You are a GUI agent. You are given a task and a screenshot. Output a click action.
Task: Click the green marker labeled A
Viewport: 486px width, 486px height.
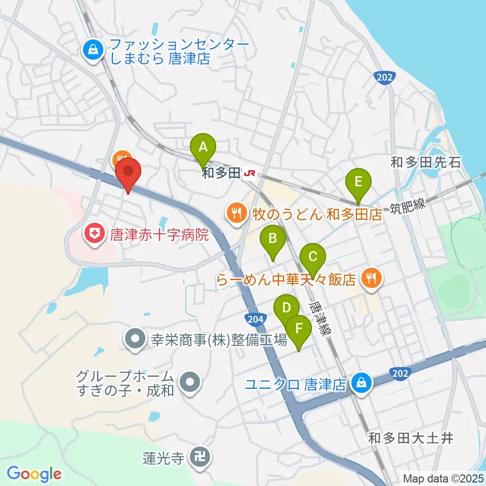tap(203, 148)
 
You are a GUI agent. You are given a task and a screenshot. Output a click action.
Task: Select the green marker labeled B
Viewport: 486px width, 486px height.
tap(272, 238)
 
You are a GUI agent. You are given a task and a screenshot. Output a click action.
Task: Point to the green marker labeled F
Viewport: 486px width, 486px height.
tap(299, 329)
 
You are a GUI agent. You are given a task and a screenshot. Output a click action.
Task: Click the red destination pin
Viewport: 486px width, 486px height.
tap(127, 172)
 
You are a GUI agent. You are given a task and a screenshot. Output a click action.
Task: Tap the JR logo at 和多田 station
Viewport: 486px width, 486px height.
tap(250, 174)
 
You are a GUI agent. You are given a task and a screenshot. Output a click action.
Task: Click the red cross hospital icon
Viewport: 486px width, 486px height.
tap(94, 234)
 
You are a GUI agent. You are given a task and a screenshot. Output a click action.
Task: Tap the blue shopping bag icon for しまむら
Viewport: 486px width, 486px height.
tap(94, 50)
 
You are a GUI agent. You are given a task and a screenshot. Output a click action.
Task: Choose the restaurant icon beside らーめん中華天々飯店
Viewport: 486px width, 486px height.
tap(372, 277)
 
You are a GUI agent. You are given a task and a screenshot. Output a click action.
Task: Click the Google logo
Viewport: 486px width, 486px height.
tap(34, 474)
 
